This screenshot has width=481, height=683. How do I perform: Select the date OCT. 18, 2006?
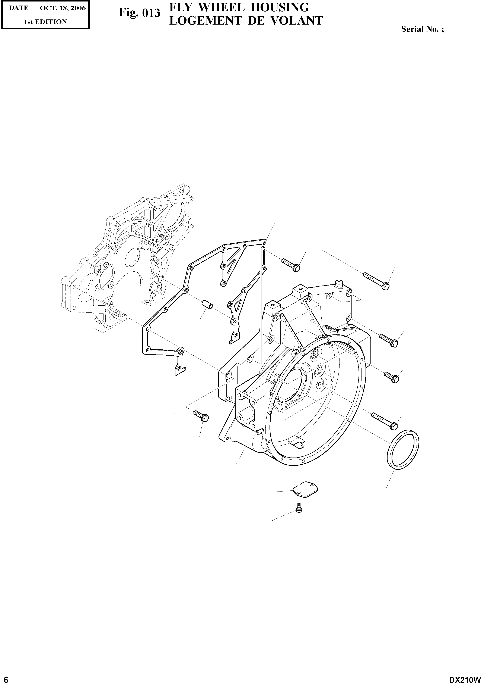tap(63, 8)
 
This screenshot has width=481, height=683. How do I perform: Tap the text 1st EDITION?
tap(45, 22)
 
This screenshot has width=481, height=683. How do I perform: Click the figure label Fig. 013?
tap(139, 13)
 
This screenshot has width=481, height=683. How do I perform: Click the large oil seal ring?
tap(403, 449)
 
